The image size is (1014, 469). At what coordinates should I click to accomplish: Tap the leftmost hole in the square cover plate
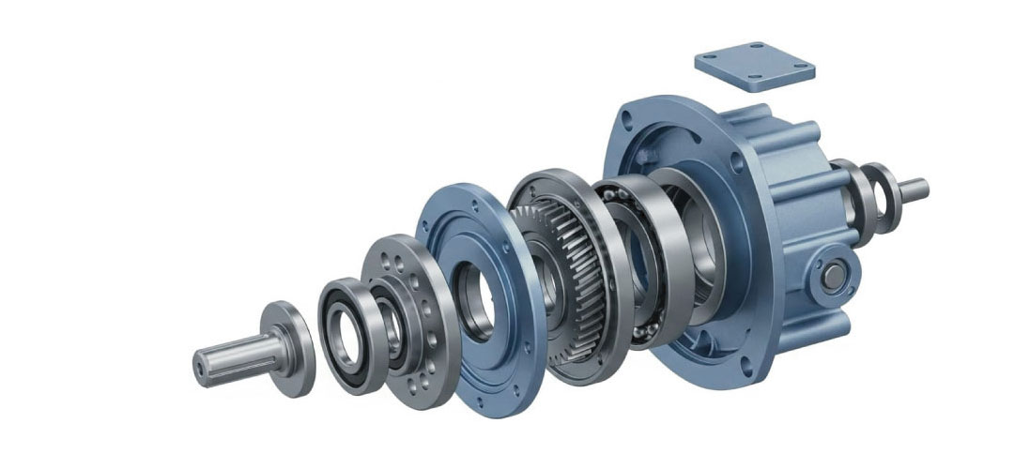714,59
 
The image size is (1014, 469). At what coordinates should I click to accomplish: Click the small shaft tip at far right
915,188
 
